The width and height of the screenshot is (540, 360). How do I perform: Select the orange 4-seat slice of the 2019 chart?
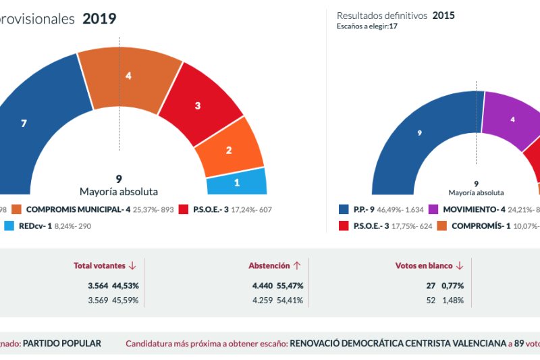point(129,78)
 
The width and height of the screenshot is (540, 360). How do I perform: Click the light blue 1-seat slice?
point(236,182)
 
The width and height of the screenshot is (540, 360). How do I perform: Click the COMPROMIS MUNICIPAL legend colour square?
point(17,210)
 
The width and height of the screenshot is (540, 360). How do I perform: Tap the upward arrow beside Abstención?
point(296,266)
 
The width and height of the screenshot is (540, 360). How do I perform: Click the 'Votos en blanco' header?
point(423,266)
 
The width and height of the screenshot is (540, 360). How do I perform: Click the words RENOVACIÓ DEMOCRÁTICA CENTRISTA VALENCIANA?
point(398,343)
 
